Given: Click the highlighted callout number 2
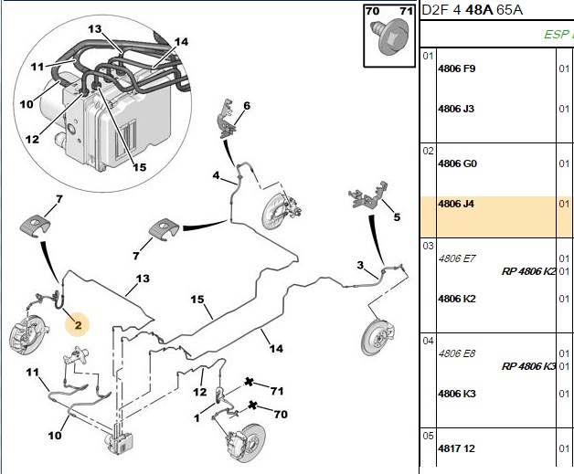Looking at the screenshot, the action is [78, 325].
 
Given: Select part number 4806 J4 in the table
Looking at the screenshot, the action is [456, 204].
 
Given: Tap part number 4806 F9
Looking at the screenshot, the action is [456, 68].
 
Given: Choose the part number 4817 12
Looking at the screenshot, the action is [456, 448].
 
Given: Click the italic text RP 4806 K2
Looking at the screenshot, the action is [528, 271].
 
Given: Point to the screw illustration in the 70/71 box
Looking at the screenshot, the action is [390, 37].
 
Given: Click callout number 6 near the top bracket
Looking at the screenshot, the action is [247, 106].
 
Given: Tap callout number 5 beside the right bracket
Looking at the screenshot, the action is [397, 216].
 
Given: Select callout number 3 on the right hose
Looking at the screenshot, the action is [361, 265].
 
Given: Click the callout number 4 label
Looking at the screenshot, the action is [216, 175].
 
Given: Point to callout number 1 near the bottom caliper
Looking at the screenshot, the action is [197, 417].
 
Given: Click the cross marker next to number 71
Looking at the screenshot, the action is [249, 382].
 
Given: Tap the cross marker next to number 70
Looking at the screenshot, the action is [252, 406].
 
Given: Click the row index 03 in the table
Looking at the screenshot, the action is [428, 246].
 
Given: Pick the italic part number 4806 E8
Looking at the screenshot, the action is [456, 353].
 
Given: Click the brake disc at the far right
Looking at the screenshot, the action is [377, 337].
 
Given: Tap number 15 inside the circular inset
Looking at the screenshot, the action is [139, 167].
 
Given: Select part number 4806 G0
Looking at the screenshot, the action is [457, 163].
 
